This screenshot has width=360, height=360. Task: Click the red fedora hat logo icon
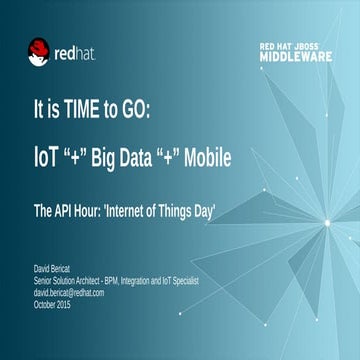point(39,51)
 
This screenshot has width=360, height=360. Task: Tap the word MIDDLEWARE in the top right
point(300,57)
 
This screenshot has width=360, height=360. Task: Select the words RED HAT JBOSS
point(300,46)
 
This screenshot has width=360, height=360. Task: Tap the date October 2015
point(52,302)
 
